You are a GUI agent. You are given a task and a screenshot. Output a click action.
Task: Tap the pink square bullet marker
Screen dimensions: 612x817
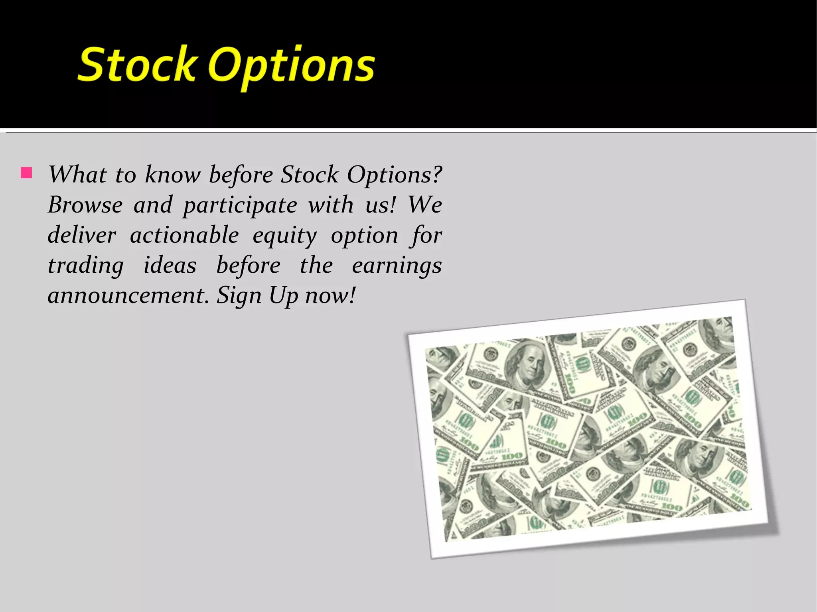[26, 173]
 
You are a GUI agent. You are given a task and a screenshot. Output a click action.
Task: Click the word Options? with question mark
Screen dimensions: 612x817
[394, 175]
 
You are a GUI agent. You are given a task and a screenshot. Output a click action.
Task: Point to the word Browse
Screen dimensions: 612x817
[85, 205]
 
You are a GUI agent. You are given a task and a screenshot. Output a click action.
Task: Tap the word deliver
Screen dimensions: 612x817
[82, 235]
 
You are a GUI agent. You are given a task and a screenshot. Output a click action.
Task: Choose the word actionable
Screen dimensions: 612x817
[184, 235]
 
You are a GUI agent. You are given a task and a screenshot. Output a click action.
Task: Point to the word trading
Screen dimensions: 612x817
[85, 266]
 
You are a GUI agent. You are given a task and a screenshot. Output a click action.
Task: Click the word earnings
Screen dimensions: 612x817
[397, 266]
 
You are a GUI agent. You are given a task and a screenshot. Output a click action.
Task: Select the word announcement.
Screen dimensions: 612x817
[128, 295]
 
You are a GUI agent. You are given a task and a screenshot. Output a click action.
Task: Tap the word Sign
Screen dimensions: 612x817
[238, 296]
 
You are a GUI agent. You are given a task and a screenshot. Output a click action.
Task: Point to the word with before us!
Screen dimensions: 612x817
[330, 205]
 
